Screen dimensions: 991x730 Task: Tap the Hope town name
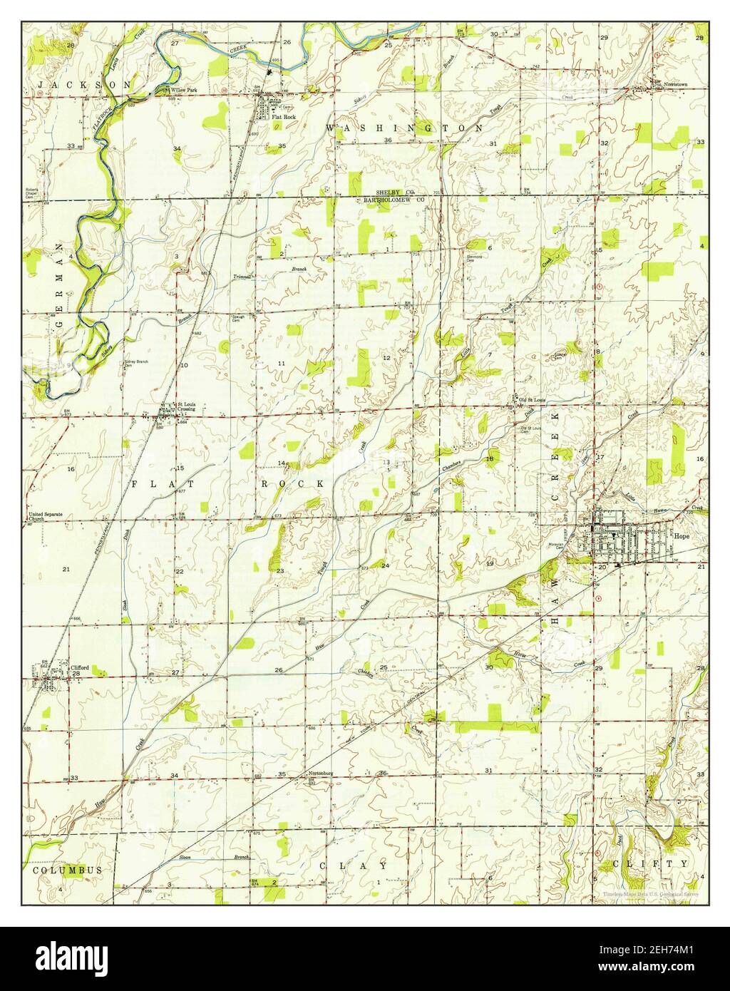point(682,533)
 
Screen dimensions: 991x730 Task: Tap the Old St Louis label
point(530,399)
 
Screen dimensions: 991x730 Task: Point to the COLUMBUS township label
point(66,870)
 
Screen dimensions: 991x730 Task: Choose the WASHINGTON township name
point(404,128)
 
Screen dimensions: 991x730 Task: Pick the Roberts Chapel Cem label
point(31,192)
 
